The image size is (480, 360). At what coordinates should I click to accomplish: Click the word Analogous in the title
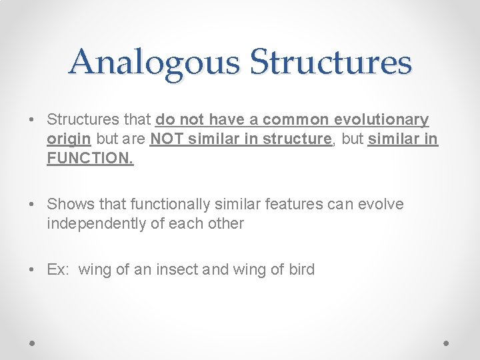coord(154,62)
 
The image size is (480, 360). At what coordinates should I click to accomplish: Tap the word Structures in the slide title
coord(331,62)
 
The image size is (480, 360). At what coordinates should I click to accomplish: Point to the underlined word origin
coord(69,140)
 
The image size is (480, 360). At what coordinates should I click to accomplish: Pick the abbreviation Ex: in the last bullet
coord(59,269)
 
